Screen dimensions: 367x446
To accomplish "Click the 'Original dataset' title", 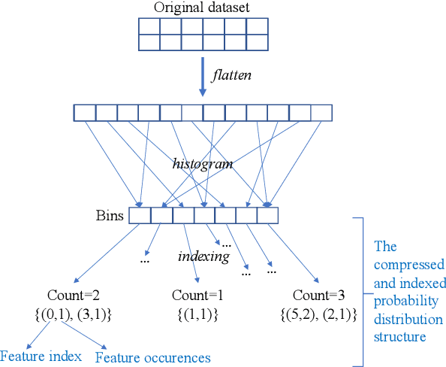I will (203, 8).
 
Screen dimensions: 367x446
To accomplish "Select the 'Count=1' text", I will (197, 295).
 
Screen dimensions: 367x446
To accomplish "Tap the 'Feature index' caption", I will (41, 356).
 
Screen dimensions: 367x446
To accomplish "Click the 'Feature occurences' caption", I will (152, 357).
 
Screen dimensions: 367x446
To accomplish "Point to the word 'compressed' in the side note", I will (410, 265).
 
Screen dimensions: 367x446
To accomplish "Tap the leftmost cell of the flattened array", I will (84, 113).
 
